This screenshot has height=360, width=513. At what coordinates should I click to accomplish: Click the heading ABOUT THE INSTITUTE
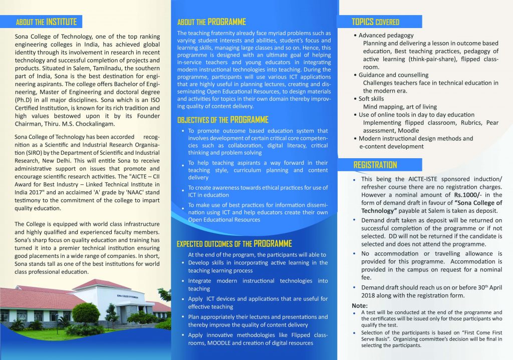(46, 22)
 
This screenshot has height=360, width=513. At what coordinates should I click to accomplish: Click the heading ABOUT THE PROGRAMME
(211, 22)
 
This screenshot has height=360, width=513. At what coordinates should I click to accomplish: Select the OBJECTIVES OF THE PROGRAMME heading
(223, 120)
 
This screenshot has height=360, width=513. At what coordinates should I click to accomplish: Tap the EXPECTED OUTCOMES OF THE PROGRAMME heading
(234, 244)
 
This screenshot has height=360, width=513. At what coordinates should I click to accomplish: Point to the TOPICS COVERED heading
(375, 22)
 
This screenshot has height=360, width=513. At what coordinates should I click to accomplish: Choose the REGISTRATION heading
(375, 165)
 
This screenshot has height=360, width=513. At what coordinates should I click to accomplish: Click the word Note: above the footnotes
(360, 305)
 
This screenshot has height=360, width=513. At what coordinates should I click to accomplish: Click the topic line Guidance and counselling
(393, 75)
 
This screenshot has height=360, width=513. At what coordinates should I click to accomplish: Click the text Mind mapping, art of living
(400, 107)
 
